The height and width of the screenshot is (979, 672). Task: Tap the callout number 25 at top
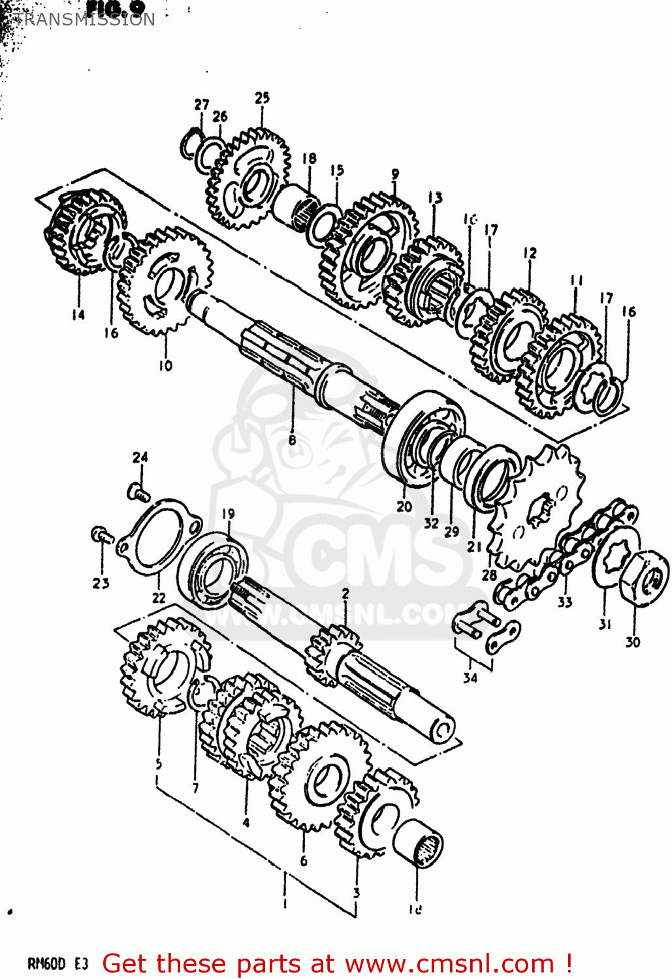point(262,98)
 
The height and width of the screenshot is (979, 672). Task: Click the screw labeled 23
point(101,536)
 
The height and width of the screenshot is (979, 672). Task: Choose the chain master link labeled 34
point(487,629)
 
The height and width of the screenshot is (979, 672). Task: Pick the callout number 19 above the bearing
point(227,514)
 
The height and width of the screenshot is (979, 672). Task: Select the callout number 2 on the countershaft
point(345,593)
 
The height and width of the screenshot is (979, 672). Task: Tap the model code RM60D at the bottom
point(47,964)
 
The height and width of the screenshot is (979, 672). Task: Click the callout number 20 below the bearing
point(404,506)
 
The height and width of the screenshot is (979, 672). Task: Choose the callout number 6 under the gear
point(304,861)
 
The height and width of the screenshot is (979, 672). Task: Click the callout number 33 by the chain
point(565,602)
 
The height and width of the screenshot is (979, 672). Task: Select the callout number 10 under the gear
point(165,366)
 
